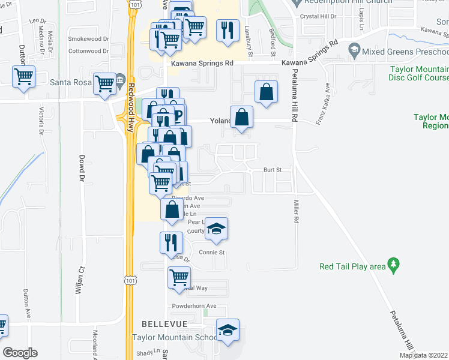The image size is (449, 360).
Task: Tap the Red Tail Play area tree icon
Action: pyautogui.click(x=393, y=263)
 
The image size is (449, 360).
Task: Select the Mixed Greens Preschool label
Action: pyautogui.click(x=406, y=52)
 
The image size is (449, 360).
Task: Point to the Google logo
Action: pyautogui.click(x=20, y=353)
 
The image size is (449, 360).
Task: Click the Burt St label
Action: pyautogui.click(x=272, y=170)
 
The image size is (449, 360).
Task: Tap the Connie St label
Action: pyautogui.click(x=211, y=253)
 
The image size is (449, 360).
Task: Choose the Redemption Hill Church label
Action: pyautogui.click(x=342, y=3)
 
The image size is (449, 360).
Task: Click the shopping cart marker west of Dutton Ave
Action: pyautogui.click(x=24, y=76)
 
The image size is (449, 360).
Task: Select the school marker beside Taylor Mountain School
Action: pyautogui.click(x=228, y=329)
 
